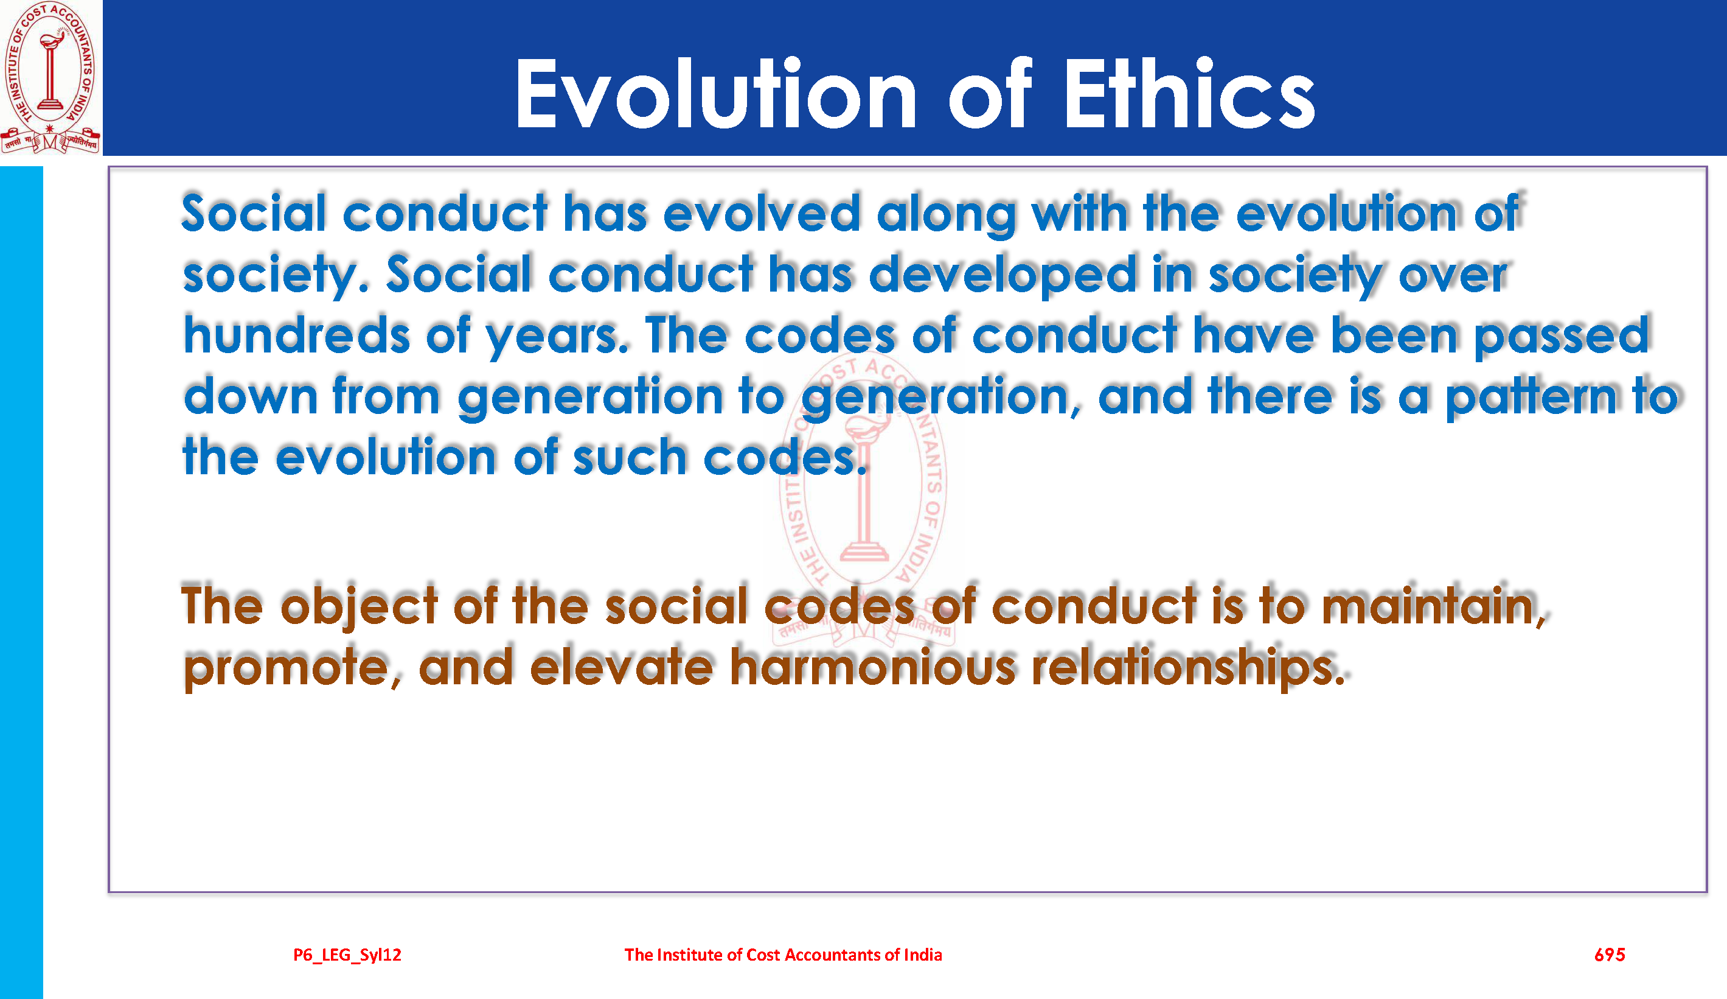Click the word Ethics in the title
pyautogui.click(x=1189, y=94)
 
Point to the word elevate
pyautogui.click(x=622, y=666)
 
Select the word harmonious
pyautogui.click(x=872, y=666)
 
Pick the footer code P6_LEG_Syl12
pyautogui.click(x=347, y=955)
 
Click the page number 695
pyautogui.click(x=1610, y=955)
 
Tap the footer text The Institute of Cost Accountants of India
pyautogui.click(x=784, y=955)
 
